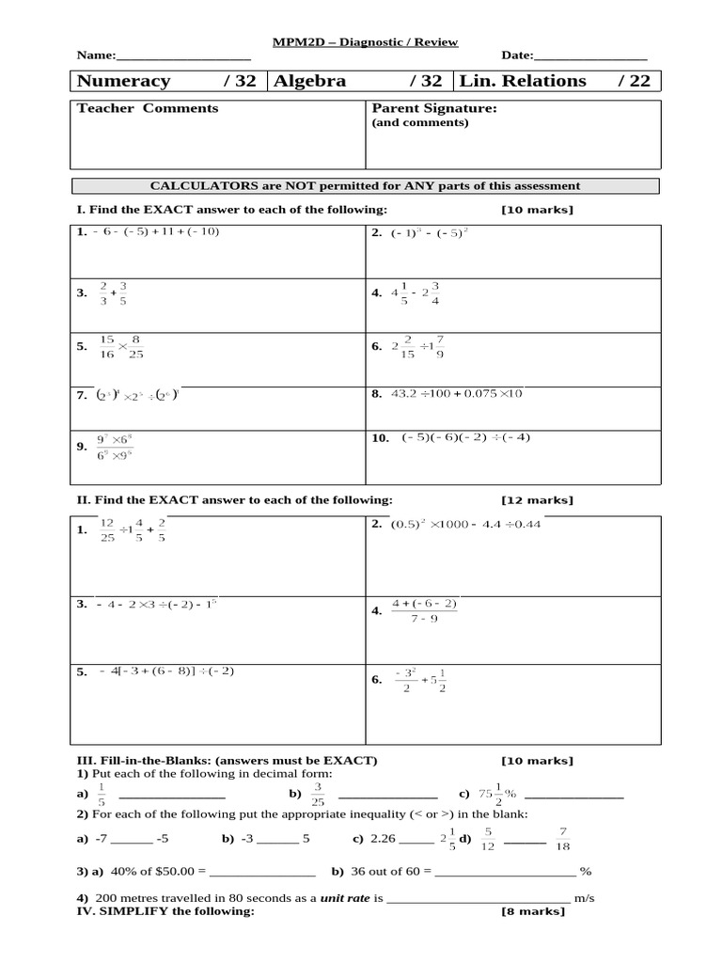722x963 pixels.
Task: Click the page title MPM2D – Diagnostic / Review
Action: [x=365, y=42]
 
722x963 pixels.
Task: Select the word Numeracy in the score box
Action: [x=123, y=81]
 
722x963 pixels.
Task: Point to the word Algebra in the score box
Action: [x=309, y=81]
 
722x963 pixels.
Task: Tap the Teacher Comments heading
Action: [x=148, y=108]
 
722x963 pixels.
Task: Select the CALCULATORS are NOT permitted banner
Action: [x=366, y=186]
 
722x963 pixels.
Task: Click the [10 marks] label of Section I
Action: [x=537, y=210]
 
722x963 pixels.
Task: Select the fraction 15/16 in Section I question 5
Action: [x=106, y=346]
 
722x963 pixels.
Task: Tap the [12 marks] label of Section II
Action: [x=537, y=500]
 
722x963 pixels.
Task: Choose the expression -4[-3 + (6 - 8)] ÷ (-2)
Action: [x=165, y=671]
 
